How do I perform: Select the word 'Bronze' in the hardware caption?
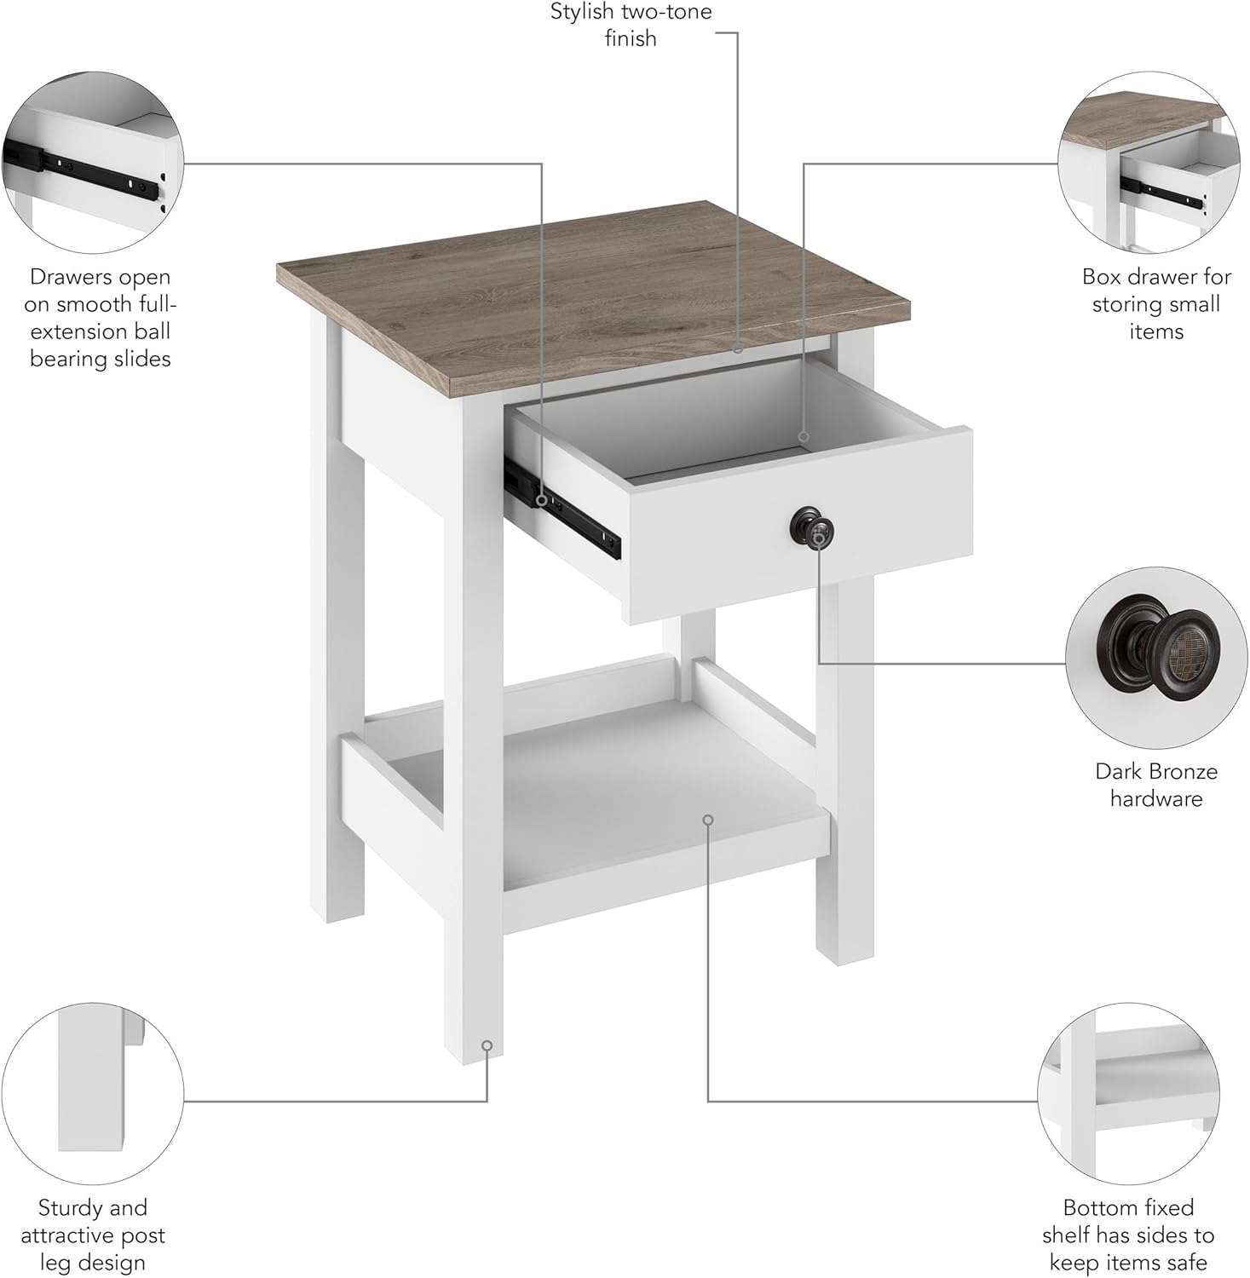click(1180, 771)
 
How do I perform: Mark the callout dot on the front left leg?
click(487, 1045)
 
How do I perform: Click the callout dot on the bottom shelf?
click(708, 820)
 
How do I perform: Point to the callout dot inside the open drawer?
click(803, 438)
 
